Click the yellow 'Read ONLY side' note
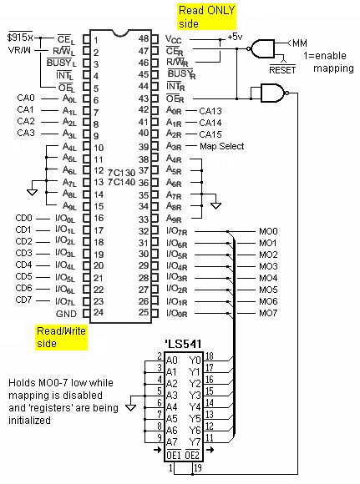tap(207, 17)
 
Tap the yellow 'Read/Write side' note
tap(61, 337)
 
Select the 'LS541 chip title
tap(183, 344)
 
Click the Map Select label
tap(222, 146)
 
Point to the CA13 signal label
tap(210, 111)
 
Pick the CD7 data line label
tap(23, 300)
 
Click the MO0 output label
tap(268, 231)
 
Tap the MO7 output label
tap(268, 313)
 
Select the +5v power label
tap(235, 37)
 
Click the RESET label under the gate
tap(282, 70)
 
